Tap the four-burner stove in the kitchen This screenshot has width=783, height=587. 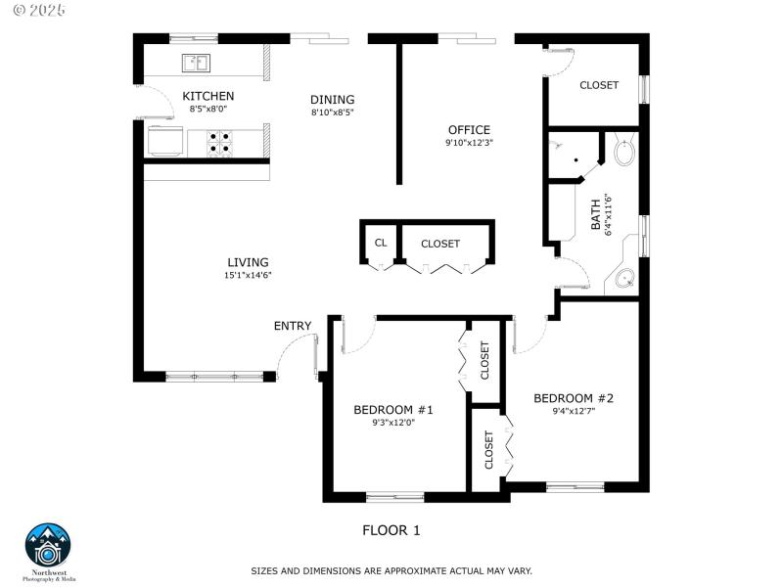219,143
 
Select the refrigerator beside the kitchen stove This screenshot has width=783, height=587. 163,141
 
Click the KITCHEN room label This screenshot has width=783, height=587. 208,96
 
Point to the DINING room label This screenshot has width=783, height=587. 332,100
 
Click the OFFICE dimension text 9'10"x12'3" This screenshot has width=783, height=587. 469,143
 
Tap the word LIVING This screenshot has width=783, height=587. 248,262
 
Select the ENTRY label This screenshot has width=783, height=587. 293,326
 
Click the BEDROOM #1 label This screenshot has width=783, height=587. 393,410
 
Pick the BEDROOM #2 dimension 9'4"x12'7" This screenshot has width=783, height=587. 574,412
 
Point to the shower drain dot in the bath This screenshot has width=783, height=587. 576,161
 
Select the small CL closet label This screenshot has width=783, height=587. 381,244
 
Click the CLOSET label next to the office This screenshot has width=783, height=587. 599,85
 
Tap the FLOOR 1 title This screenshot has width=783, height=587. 391,530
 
